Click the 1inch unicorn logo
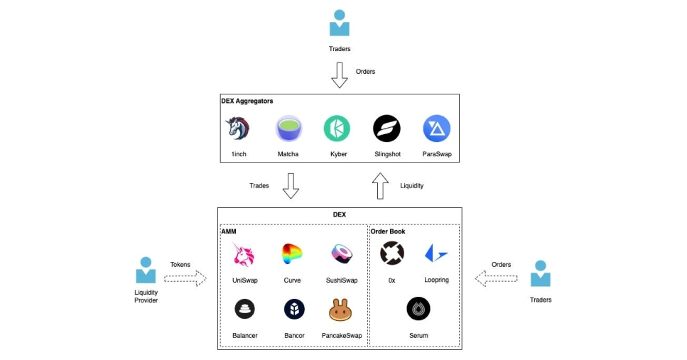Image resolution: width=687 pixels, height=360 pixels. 239,129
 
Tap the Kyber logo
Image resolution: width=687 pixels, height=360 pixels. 337,129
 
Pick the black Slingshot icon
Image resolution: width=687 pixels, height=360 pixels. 386,129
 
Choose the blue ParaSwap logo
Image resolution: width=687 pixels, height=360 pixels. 436,129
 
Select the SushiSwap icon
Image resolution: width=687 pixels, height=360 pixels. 342,253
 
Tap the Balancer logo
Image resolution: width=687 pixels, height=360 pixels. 244,309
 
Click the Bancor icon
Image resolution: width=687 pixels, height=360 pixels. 293,309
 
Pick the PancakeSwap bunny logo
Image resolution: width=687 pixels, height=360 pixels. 342,309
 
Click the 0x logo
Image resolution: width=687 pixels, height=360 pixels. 391,253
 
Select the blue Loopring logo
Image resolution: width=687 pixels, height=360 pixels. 436,253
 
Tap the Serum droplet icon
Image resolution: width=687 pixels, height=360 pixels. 418,309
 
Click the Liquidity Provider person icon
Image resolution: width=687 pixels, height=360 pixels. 146,270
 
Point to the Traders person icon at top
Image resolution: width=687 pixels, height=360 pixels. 340,23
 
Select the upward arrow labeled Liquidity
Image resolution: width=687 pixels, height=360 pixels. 381,186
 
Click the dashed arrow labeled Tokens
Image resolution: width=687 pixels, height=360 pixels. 185,278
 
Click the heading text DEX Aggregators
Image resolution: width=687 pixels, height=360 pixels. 247,102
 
